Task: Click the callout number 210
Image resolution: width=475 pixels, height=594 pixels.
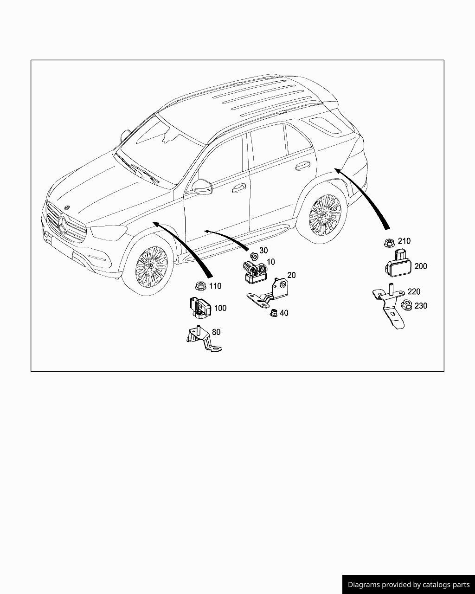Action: [x=404, y=241]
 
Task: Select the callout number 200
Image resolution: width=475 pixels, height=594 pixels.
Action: [x=420, y=266]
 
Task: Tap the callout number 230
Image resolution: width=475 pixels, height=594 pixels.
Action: [x=421, y=306]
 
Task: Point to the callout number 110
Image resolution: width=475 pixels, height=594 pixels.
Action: [x=215, y=286]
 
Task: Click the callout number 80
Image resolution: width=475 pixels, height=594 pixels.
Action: [x=216, y=332]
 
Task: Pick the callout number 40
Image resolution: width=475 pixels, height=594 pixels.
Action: [x=284, y=313]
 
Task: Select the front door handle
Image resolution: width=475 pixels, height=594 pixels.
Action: [x=239, y=188]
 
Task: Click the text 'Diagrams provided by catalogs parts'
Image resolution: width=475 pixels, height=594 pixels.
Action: [x=409, y=585]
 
